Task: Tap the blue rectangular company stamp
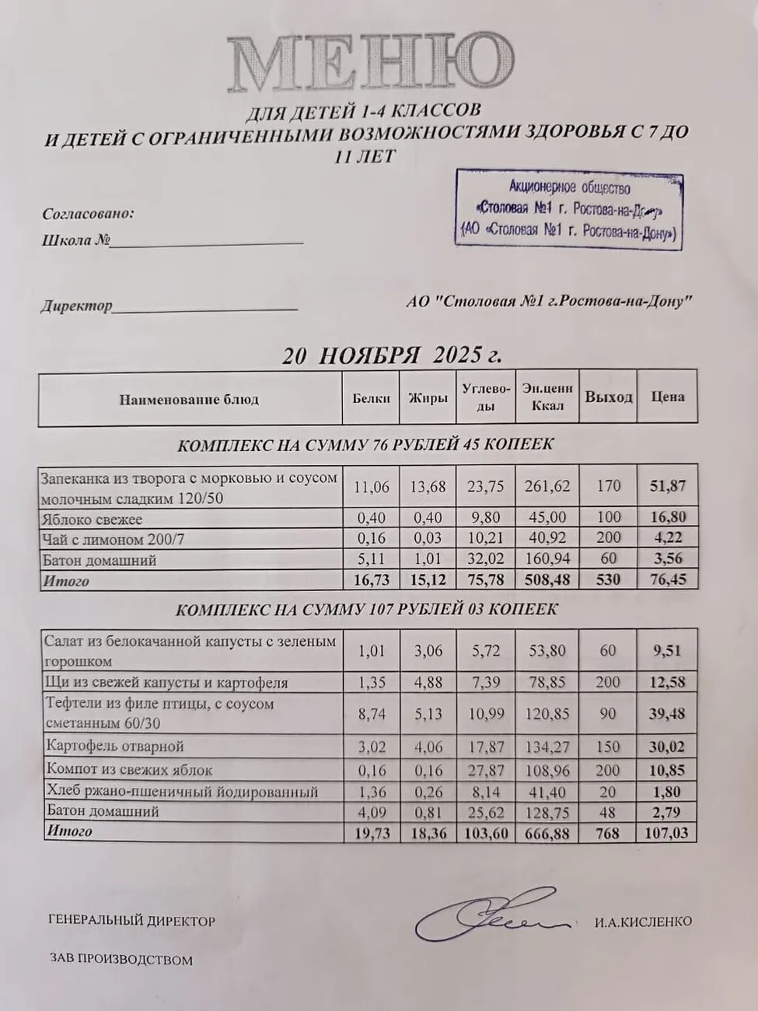pyautogui.click(x=568, y=210)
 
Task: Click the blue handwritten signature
pyautogui.click(x=486, y=920)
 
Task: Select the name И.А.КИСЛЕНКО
pyautogui.click(x=643, y=922)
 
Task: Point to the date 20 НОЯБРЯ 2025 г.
pyautogui.click(x=392, y=355)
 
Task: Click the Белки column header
pyautogui.click(x=371, y=398)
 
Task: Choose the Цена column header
pyautogui.click(x=667, y=397)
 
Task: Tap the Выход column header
pyautogui.click(x=608, y=397)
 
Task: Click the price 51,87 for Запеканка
pyautogui.click(x=667, y=486)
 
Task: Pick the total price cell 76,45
pyautogui.click(x=667, y=579)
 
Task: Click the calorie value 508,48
pyautogui.click(x=547, y=579)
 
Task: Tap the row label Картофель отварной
pyautogui.click(x=114, y=747)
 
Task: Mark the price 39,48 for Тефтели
pyautogui.click(x=667, y=713)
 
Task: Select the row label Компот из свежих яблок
pyautogui.click(x=129, y=770)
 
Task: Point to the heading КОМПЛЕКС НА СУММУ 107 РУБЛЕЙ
pyautogui.click(x=366, y=610)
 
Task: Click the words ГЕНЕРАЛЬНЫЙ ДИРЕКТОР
pyautogui.click(x=131, y=922)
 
